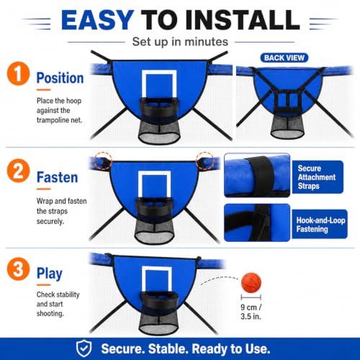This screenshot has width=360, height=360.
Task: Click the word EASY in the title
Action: coord(97,20)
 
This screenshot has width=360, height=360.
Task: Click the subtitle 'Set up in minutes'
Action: coord(180,42)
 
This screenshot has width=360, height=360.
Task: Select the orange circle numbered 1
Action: coord(18,73)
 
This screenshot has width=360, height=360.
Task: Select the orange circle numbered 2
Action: coord(18,171)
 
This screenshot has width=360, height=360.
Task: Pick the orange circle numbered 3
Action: coord(18,269)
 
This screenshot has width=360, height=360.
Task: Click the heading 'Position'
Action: coord(60,78)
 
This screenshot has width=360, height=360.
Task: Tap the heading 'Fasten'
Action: coord(57,177)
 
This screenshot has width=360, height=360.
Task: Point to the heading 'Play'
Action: coord(50,274)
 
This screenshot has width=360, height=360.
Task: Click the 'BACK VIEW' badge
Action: coord(284,58)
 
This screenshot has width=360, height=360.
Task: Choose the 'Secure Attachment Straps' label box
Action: coord(318,177)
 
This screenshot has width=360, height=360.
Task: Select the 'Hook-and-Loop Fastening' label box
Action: coord(320,225)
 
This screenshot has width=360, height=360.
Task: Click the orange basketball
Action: coord(251,282)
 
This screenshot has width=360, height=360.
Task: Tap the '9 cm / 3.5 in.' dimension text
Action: coord(251,312)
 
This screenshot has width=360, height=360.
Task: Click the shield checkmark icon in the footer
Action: coord(84,348)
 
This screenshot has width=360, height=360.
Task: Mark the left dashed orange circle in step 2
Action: coord(103,161)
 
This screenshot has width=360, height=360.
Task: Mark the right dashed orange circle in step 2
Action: coord(204,161)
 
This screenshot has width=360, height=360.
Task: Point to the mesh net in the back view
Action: coord(287,127)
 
